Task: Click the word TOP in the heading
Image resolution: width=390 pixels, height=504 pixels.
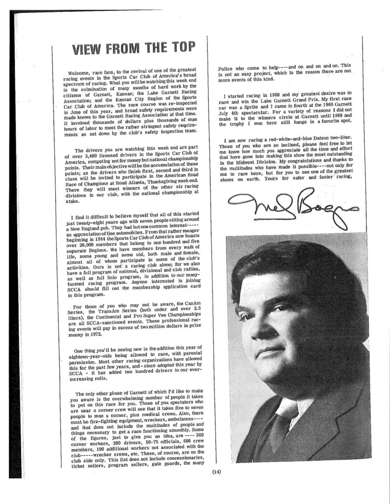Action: point(179,49)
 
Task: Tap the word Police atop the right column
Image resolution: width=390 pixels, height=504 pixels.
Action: point(227,65)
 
